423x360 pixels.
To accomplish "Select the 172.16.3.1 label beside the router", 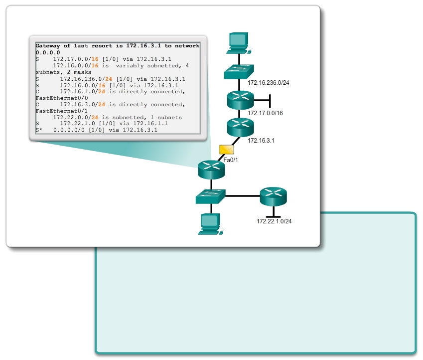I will (261, 141).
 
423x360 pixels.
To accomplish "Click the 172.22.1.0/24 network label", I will (274, 221).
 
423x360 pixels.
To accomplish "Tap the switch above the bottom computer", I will (211, 196).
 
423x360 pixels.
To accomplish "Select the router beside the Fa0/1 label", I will (211, 169).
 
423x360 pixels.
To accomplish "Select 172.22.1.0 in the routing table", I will (77, 124).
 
